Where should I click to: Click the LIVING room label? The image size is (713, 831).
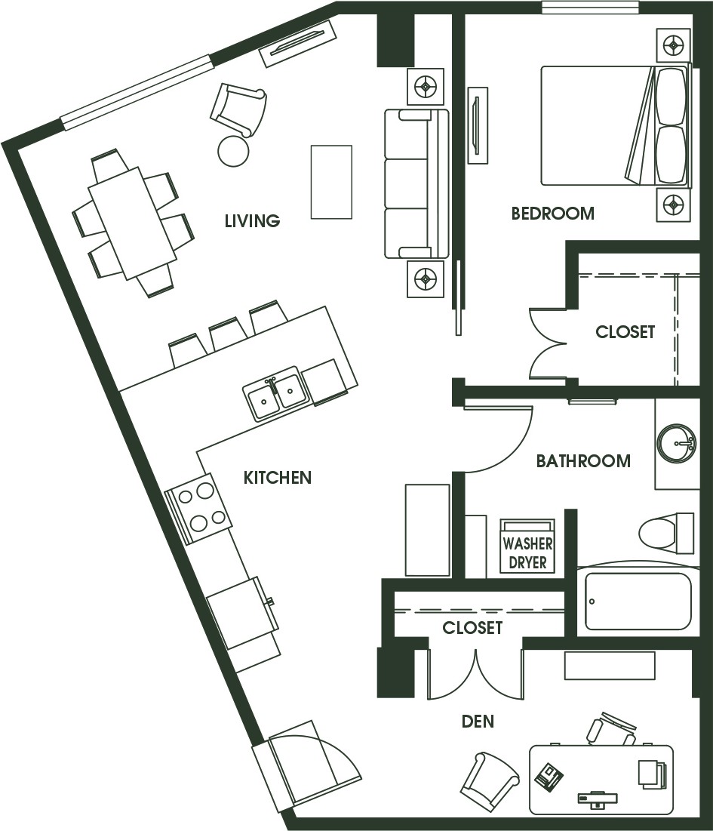click(x=252, y=221)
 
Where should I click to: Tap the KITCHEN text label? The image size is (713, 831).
click(x=278, y=478)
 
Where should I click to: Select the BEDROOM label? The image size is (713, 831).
click(x=552, y=214)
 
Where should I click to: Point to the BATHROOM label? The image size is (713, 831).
click(x=583, y=460)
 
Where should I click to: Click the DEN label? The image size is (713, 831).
click(x=478, y=722)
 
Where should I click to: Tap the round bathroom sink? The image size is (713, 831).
click(x=676, y=442)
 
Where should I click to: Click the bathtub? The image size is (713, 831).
click(x=638, y=602)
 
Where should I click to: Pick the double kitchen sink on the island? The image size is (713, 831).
click(x=275, y=392)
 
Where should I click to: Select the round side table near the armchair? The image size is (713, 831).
click(x=233, y=152)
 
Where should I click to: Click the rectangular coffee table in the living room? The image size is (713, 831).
click(x=331, y=182)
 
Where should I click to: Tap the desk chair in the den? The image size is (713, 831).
click(x=611, y=728)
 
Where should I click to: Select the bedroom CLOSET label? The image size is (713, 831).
click(x=625, y=332)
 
